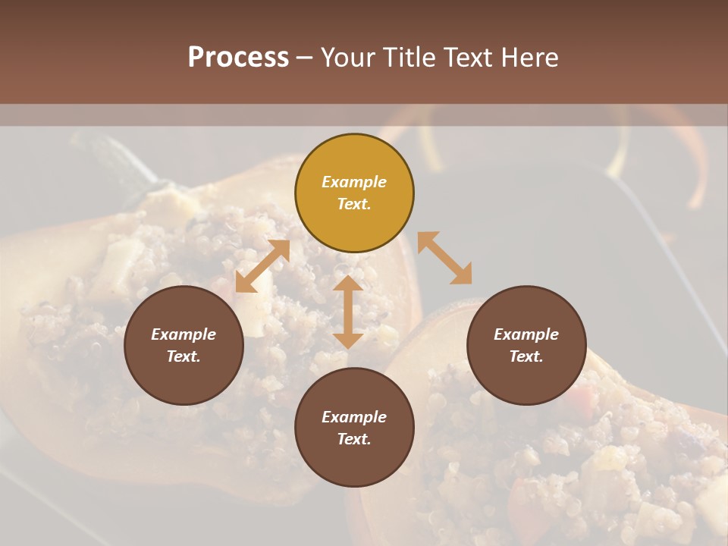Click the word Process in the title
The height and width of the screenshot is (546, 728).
238,58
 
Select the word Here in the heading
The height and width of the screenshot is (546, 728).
531,58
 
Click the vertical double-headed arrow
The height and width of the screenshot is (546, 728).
348,312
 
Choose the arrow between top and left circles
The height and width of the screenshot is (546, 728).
262,266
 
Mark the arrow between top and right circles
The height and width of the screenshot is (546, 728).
444,258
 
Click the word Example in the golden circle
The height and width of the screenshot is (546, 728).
354,182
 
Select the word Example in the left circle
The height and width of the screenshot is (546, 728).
184,334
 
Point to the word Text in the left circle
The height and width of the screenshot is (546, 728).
183,356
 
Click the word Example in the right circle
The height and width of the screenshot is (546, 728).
526,334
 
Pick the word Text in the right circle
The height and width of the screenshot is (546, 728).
526,356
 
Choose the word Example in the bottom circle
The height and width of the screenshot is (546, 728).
354,417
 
